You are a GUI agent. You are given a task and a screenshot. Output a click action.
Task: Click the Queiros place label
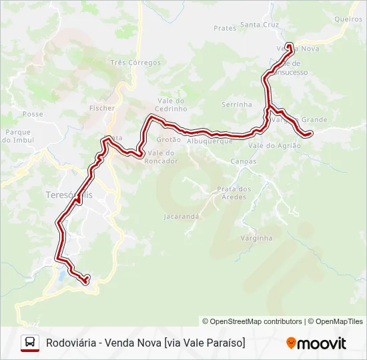pyautogui.click(x=348, y=19)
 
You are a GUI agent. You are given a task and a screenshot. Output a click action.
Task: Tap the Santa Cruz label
pyautogui.click(x=260, y=25)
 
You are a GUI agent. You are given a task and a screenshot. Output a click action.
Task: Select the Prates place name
pyautogui.click(x=225, y=28)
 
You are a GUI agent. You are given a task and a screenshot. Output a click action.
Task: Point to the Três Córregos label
pyautogui.click(x=136, y=63)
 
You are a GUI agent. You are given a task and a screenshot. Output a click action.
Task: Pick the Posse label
pyautogui.click(x=33, y=114)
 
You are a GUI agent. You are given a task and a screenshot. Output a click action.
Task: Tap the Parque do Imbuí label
pyautogui.click(x=17, y=136)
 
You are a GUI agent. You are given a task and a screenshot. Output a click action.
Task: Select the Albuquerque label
pyautogui.click(x=210, y=141)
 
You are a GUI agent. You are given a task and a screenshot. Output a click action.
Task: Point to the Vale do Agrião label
pyautogui.click(x=274, y=145)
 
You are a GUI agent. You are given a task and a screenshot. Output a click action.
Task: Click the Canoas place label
pyautogui.click(x=243, y=161)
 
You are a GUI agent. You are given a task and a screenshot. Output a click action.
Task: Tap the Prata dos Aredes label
pyautogui.click(x=234, y=193)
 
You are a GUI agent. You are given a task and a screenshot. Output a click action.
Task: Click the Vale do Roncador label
pyautogui.click(x=161, y=157)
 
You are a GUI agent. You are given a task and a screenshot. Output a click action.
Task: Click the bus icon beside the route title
pyautogui.click(x=30, y=343)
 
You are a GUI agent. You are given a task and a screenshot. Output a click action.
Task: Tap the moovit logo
pyautogui.click(x=316, y=343)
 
